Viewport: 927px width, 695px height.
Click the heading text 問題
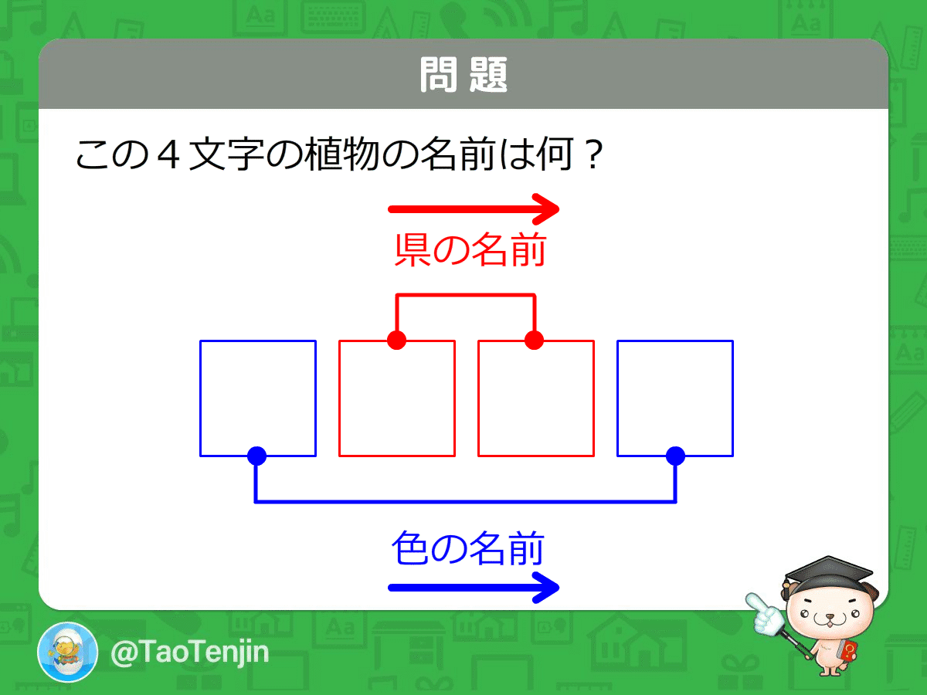tap(463, 75)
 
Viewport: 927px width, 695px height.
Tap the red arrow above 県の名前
tap(473, 208)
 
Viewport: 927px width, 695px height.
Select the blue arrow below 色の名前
tap(473, 588)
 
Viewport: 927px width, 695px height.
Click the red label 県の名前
tap(470, 251)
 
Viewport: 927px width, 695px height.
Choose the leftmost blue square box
tap(257, 398)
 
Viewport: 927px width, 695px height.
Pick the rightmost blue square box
tap(674, 398)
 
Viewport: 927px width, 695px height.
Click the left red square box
tap(396, 398)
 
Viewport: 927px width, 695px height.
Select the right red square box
tap(535, 398)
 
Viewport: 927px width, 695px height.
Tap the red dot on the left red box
tap(396, 340)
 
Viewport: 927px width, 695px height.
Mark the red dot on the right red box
tap(534, 340)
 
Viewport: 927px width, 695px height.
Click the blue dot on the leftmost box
tap(256, 456)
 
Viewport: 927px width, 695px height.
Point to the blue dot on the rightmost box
tap(675, 456)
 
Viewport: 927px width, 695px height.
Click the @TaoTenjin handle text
tap(189, 653)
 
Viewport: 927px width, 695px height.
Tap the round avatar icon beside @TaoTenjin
tap(68, 652)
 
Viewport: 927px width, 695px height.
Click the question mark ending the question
tap(591, 156)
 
